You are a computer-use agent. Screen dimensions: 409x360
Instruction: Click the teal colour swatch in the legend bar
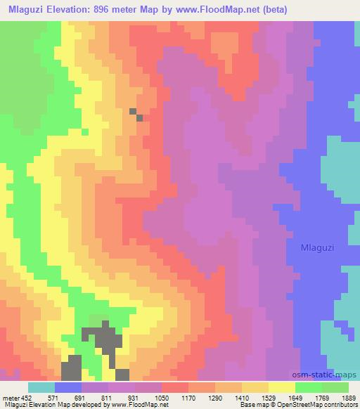pyautogui.click(x=41, y=387)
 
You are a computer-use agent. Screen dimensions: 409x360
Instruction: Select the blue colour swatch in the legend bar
pyautogui.click(x=68, y=387)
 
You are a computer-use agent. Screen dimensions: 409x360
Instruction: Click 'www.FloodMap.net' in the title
pyautogui.click(x=213, y=8)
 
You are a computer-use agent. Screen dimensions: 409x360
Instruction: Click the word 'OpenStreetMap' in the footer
pyautogui.click(x=300, y=404)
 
